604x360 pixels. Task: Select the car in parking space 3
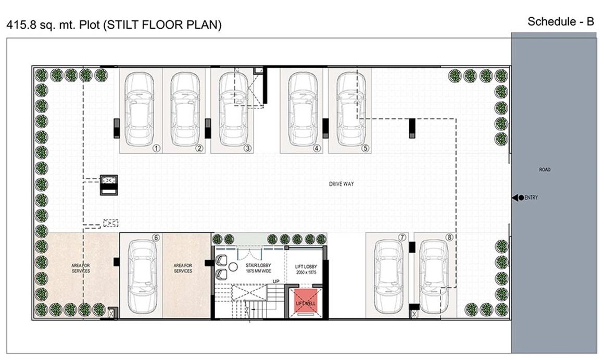pos(232,110)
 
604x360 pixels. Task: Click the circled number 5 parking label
pos(365,148)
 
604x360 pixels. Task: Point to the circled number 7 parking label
pos(401,238)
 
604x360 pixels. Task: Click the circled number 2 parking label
pos(199,148)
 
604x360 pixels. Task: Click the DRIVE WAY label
pos(341,184)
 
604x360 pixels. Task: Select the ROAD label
pos(545,170)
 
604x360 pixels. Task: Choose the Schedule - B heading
pos(560,21)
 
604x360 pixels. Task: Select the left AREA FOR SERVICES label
pos(81,268)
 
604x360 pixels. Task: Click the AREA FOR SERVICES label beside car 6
pos(183,268)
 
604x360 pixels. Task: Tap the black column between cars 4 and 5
pos(325,128)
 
